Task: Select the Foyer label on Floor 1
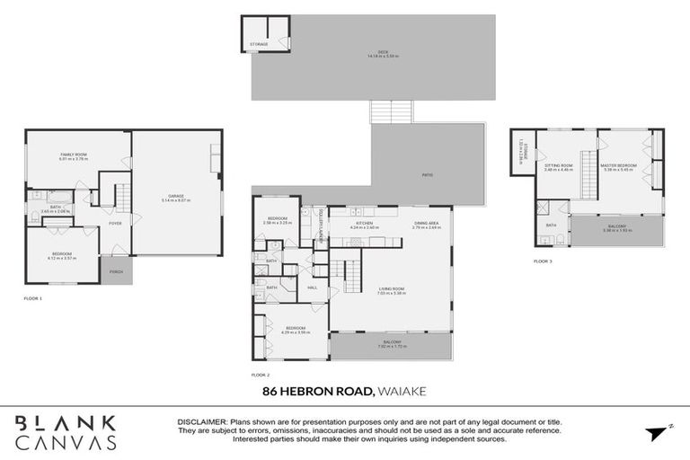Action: [x=115, y=223]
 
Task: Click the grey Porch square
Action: [x=116, y=270]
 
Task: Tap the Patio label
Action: [x=427, y=174]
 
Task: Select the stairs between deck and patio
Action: [x=392, y=111]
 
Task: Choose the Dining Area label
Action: [x=427, y=224]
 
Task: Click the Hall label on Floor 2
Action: [x=313, y=287]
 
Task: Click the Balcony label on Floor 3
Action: [x=617, y=227]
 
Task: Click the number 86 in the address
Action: [x=270, y=392]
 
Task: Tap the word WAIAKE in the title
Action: [x=403, y=392]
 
